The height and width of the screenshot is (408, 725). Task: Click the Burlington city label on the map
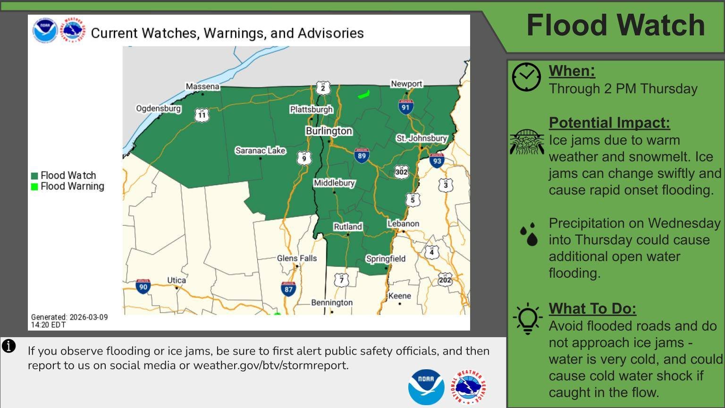point(329,131)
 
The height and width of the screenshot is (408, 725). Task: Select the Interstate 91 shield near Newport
point(405,107)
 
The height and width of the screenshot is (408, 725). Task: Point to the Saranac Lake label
point(261,150)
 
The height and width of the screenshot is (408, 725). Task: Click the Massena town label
point(202,86)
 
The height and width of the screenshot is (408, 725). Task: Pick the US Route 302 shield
point(401,171)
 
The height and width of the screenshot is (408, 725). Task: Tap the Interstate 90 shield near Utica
point(143,286)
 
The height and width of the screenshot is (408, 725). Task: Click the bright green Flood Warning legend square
point(34,187)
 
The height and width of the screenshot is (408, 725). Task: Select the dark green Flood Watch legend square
point(34,176)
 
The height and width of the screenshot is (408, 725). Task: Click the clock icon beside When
point(526,77)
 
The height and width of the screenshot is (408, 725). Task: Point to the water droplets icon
point(529,235)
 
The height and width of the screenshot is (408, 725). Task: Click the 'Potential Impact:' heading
point(609,123)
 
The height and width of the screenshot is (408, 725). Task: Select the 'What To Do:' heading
point(592,308)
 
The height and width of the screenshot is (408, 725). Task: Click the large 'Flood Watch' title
point(615,25)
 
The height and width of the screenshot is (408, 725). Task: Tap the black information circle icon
point(9,346)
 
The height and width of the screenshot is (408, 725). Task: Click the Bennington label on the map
point(332,303)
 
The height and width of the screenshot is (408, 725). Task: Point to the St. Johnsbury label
point(422,138)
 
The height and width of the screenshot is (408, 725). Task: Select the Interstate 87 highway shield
point(288,289)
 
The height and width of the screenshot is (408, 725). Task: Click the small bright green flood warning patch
point(363,94)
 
